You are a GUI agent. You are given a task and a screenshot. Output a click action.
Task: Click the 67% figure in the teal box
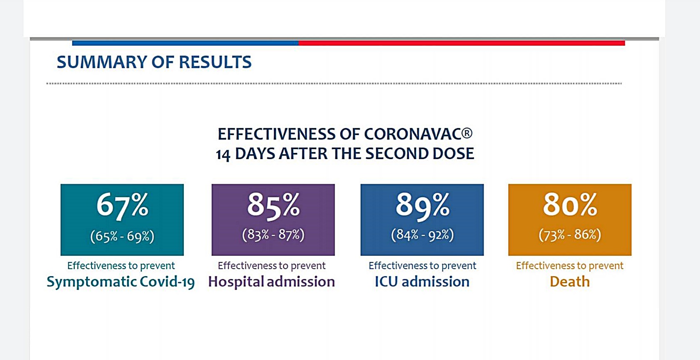(122, 205)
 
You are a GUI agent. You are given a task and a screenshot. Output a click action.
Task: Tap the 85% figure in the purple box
(273, 205)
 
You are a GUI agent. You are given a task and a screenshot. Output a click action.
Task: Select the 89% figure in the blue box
(422, 205)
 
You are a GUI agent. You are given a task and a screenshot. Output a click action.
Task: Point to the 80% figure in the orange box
(570, 205)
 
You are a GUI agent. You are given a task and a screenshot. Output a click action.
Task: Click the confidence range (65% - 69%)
(122, 236)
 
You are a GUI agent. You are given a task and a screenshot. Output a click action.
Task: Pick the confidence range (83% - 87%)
(273, 235)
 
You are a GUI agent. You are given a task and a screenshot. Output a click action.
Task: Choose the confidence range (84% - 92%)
(422, 235)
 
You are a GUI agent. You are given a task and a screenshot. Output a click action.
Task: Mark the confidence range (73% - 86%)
(570, 235)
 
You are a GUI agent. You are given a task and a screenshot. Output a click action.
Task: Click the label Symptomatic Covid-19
(120, 282)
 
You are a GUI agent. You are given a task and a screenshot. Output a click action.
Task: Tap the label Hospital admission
(271, 282)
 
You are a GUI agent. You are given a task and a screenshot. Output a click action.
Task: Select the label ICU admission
(422, 282)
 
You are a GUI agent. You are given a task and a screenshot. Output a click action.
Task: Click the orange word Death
(570, 282)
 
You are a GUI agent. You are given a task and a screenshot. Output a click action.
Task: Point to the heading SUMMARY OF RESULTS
(154, 62)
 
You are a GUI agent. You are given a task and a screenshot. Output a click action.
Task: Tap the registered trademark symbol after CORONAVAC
(467, 133)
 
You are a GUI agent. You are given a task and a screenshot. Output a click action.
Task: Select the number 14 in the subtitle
(223, 155)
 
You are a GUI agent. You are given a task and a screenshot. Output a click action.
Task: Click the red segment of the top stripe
(461, 43)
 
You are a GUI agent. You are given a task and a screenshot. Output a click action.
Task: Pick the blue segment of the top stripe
(185, 43)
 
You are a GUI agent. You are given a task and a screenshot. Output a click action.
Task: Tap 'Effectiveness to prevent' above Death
(570, 265)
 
